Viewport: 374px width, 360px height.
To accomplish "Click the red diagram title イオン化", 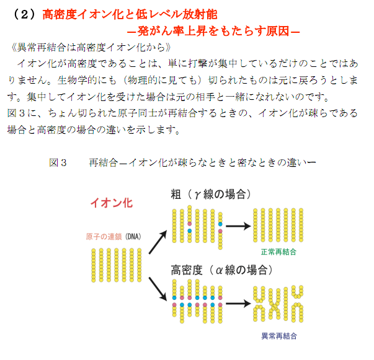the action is click(x=112, y=203).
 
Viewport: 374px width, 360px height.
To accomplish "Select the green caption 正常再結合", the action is click(x=278, y=253).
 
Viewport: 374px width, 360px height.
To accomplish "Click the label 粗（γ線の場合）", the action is click(x=211, y=195).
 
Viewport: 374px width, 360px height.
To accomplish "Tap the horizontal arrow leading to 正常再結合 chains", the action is click(x=238, y=226).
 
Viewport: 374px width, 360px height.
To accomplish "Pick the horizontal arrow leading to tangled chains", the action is click(x=238, y=303).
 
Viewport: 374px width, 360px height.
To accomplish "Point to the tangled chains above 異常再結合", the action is click(x=278, y=304).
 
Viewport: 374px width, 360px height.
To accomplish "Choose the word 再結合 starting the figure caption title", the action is click(x=103, y=162).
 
